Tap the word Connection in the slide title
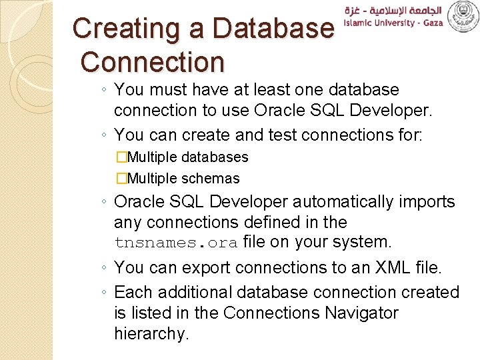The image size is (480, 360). (x=153, y=61)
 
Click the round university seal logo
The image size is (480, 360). (x=462, y=17)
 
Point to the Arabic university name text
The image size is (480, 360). (x=393, y=11)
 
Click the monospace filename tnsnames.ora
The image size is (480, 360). (x=176, y=243)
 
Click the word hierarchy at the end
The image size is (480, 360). (x=151, y=333)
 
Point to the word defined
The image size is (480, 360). (x=267, y=222)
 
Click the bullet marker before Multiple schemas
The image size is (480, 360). (x=121, y=179)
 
